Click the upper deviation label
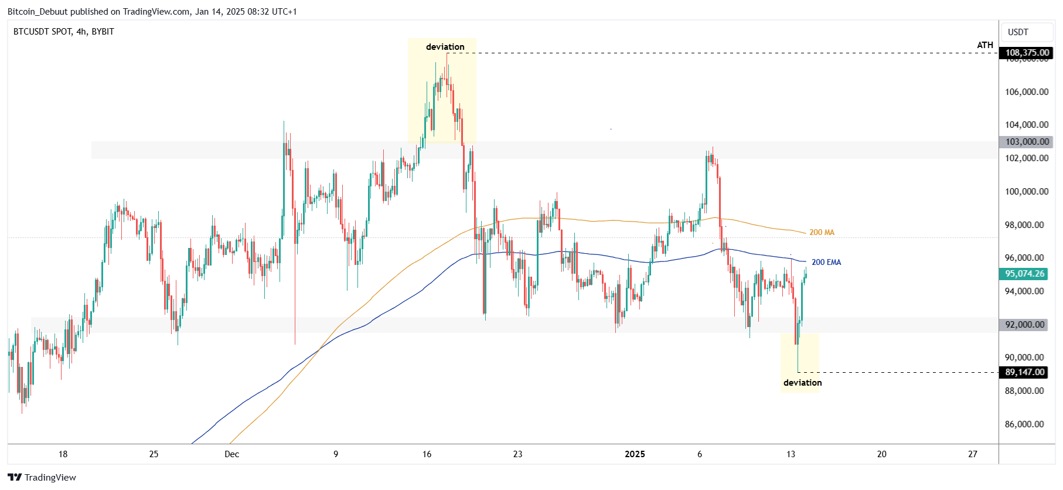(x=445, y=47)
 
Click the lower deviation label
(x=802, y=383)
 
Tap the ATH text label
(x=984, y=45)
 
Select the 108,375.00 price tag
(x=1027, y=53)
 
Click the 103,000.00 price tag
(x=1027, y=142)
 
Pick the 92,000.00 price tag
(x=1024, y=325)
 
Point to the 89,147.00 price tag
(x=1024, y=372)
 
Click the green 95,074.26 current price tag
(x=1024, y=274)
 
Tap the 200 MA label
(x=822, y=233)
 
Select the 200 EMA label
(x=826, y=263)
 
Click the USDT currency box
(x=1018, y=32)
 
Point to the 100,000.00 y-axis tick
(x=1026, y=192)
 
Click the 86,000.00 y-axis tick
(x=1024, y=424)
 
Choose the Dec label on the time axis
(x=231, y=454)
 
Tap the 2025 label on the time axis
(x=635, y=454)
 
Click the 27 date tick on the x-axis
(x=972, y=454)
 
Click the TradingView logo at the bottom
(x=42, y=478)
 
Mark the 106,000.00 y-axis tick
(x=1026, y=92)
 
